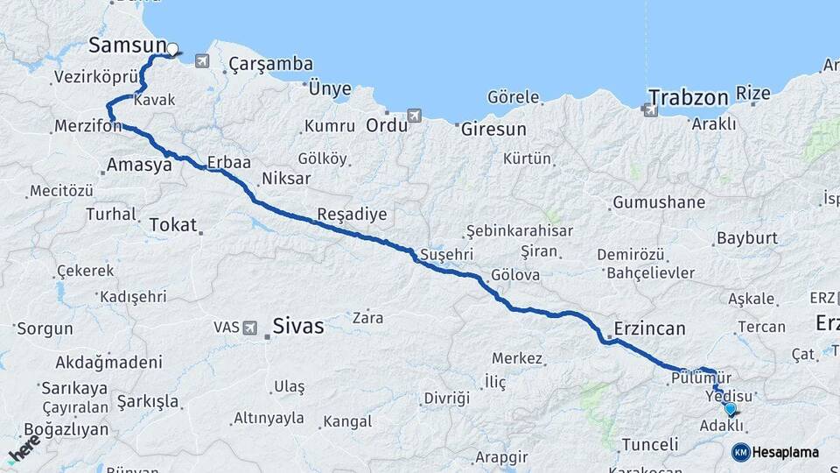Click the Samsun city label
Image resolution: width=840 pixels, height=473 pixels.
coord(128,45)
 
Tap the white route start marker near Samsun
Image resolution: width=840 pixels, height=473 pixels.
coord(172,50)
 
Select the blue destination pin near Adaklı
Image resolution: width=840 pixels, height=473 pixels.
coord(730,408)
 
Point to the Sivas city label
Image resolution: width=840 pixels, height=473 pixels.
coord(297,327)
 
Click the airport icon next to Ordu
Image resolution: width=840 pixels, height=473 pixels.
coord(414,116)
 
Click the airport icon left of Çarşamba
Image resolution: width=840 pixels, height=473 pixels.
coord(203,61)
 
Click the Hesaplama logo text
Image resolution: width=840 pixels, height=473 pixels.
coord(785,452)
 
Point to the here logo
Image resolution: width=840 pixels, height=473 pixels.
coord(24,446)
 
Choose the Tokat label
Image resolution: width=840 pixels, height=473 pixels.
coord(173,225)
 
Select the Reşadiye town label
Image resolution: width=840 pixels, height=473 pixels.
coord(351,215)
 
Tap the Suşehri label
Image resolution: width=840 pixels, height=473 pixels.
coord(447,254)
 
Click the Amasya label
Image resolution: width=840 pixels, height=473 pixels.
coord(138,165)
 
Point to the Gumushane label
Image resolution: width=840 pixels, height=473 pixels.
coord(659,202)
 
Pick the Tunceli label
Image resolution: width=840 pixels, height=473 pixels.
coord(649,443)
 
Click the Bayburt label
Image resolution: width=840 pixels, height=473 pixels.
coord(746,237)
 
